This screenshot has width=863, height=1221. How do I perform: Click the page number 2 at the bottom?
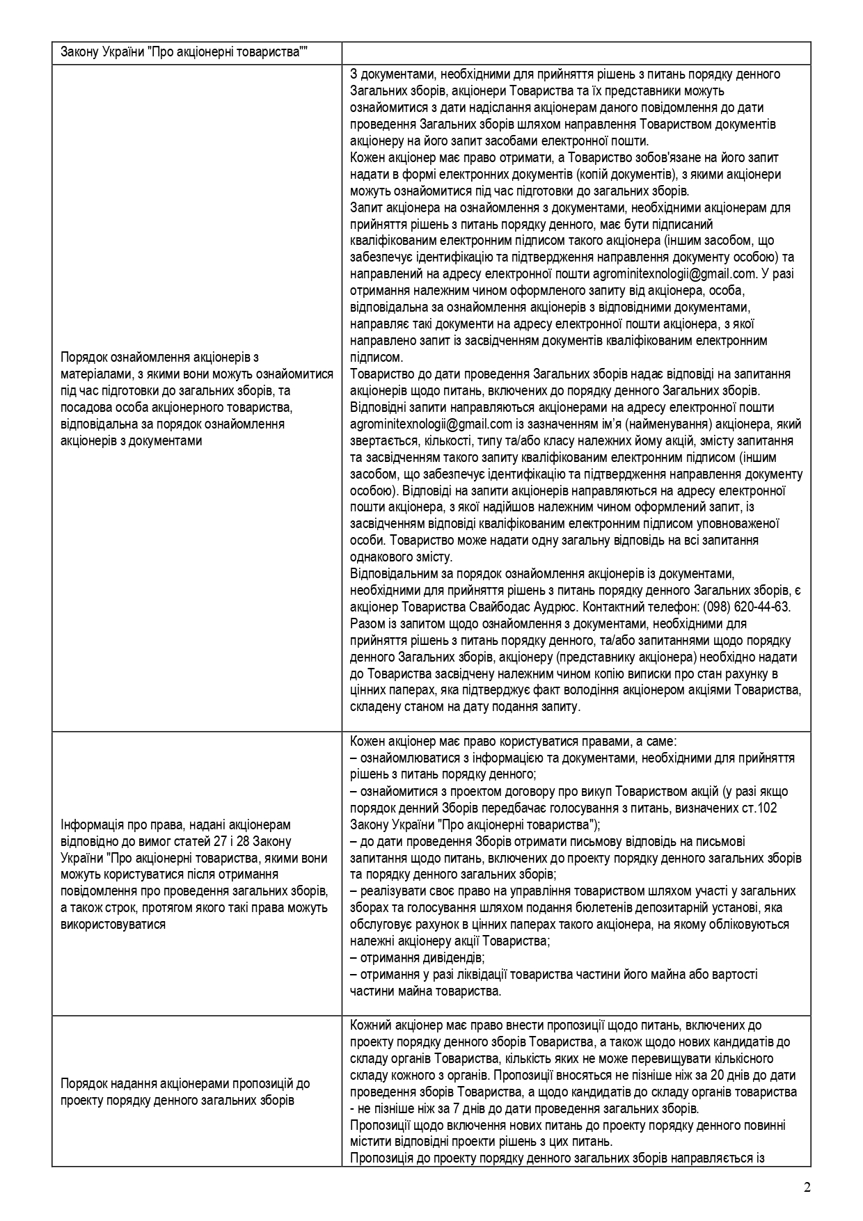[x=807, y=1186]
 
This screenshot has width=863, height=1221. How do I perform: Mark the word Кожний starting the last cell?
[x=370, y=1025]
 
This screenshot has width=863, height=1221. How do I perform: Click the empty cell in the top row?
[x=576, y=53]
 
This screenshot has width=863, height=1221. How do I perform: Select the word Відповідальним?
[x=396, y=573]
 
